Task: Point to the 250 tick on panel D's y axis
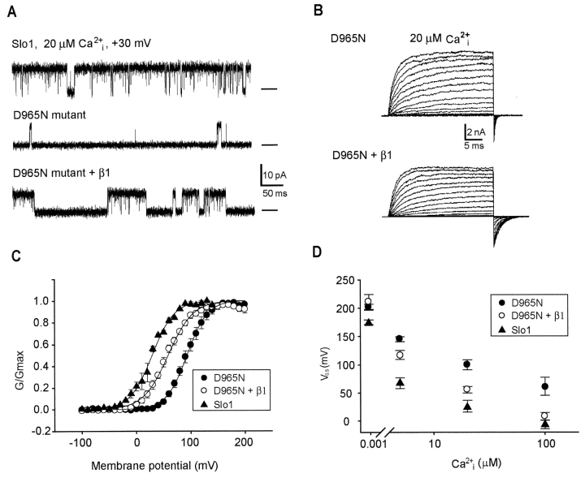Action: coord(348,280)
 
